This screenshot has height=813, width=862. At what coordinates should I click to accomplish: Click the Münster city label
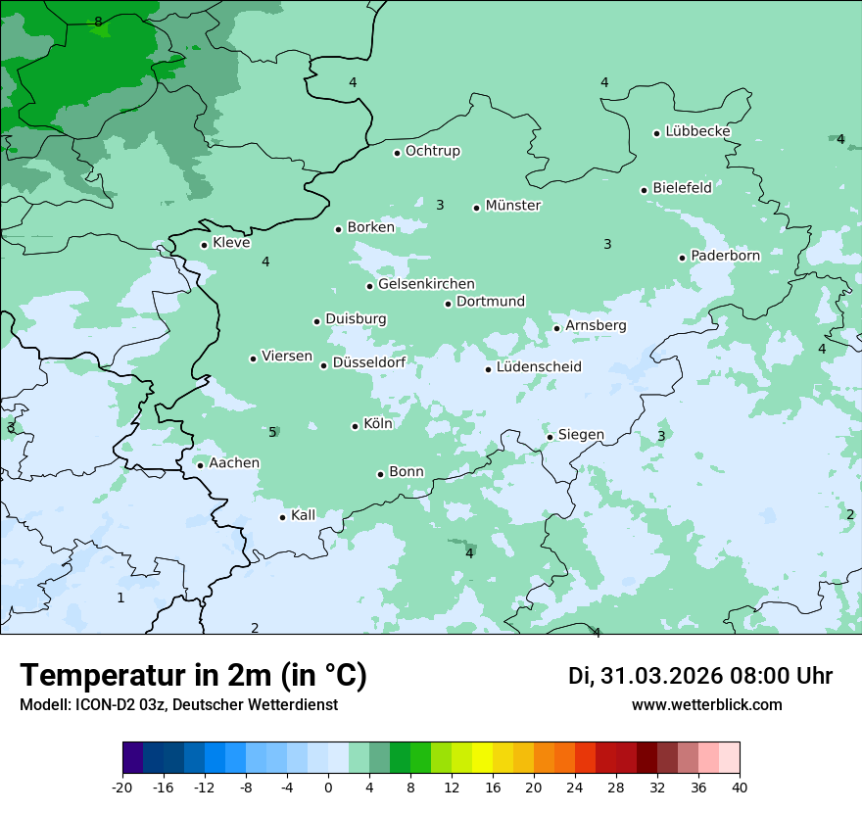[512, 206]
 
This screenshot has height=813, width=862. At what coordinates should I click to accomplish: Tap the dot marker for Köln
[356, 426]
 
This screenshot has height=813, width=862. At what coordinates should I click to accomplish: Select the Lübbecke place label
[697, 131]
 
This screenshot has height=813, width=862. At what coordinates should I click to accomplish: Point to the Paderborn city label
[725, 256]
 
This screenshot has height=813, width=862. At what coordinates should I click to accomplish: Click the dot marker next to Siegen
[551, 437]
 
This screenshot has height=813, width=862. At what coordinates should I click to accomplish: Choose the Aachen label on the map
[234, 463]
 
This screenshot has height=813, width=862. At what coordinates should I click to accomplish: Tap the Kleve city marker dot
[204, 245]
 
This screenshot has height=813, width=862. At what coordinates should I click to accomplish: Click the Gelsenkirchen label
[426, 284]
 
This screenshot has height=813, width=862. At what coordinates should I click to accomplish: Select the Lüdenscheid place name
[539, 367]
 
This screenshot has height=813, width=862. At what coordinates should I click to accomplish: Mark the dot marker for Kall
[283, 517]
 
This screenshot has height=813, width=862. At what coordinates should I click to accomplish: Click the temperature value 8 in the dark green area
[98, 22]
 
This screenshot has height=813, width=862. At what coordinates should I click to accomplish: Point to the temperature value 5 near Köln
[272, 432]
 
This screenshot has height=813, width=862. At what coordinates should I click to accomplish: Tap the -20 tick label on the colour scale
[122, 788]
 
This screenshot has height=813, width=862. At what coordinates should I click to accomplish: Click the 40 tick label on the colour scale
[740, 788]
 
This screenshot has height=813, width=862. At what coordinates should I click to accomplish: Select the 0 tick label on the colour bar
[328, 788]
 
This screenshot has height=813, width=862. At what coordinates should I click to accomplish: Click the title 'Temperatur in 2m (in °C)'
[193, 676]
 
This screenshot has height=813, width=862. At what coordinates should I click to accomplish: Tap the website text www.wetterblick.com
[706, 705]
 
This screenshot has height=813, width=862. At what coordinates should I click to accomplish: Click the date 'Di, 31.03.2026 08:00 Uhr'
[700, 676]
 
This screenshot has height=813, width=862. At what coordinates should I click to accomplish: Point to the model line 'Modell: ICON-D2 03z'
[178, 705]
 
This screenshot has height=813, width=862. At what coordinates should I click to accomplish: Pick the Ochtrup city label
[432, 151]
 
